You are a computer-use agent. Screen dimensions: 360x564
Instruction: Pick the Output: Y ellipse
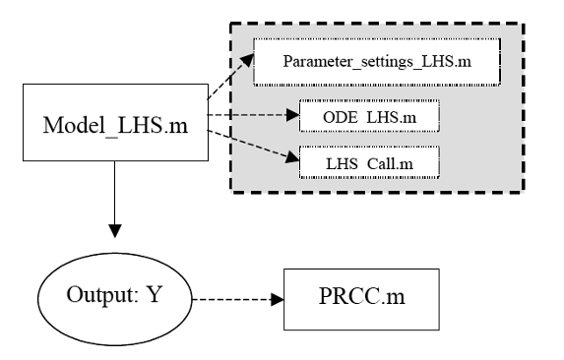[114, 293]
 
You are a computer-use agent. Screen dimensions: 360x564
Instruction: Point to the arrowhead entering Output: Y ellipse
[114, 232]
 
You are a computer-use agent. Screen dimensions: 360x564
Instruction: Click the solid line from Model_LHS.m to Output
[114, 192]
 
